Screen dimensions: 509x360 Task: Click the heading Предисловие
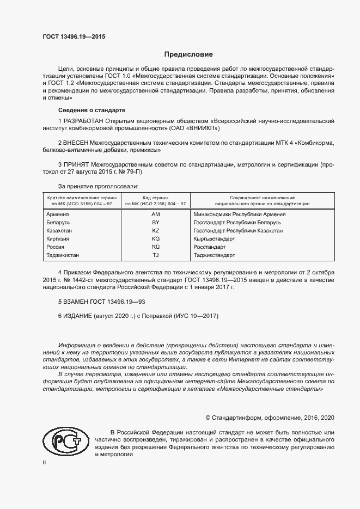pos(188,54)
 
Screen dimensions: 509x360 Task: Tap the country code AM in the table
pos(155,214)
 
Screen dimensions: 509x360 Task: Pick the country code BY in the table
pos(155,223)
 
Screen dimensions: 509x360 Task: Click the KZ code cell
pos(155,231)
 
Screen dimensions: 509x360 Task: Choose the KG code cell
pos(155,239)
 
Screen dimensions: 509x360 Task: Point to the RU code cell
pos(155,247)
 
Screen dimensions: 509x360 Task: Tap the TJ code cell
pos(155,255)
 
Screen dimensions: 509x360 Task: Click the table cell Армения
pos(58,214)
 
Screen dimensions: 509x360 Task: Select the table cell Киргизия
pos(59,239)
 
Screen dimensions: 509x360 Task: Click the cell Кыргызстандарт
pos(214,239)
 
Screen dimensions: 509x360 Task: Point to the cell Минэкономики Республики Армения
pos(240,214)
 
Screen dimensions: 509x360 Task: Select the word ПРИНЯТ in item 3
pos(77,163)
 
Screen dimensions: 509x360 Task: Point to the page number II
pos(44,462)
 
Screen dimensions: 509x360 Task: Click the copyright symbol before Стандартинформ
pos(208,418)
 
